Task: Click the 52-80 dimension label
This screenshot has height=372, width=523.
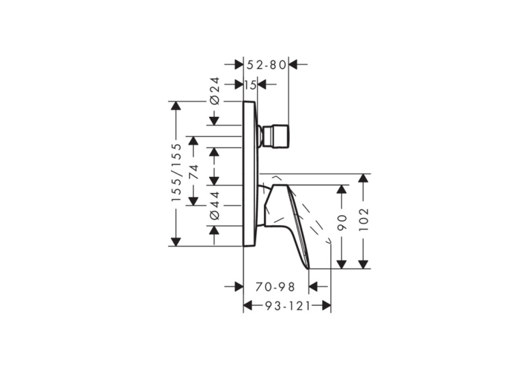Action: click(x=267, y=65)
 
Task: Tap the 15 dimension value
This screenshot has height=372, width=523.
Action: click(x=250, y=85)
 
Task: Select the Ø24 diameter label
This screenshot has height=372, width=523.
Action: click(x=215, y=91)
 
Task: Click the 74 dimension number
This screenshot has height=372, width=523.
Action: click(x=193, y=172)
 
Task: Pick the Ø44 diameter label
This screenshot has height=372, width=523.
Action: click(x=215, y=205)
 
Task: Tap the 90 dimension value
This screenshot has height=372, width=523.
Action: click(x=342, y=223)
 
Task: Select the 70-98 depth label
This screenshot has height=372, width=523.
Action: click(x=276, y=287)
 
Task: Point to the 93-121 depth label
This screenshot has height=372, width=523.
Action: click(x=288, y=306)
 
